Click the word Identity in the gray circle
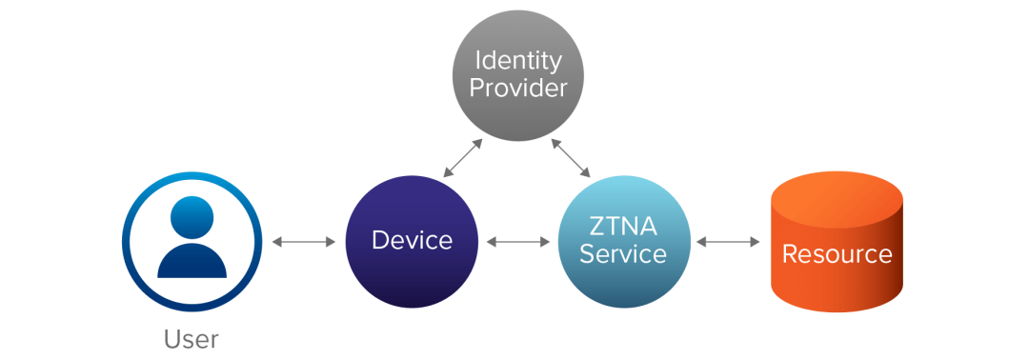(519, 60)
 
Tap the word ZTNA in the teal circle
(622, 228)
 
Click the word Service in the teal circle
(623, 255)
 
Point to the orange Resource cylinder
(837, 286)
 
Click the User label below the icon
(191, 339)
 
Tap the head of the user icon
(192, 219)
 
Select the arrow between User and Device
(304, 242)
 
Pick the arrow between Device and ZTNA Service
(517, 242)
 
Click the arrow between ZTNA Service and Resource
(728, 242)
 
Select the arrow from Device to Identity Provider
(461, 157)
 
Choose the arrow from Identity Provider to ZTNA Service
(573, 157)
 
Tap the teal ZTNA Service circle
(623, 286)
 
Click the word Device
(412, 241)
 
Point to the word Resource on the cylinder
(837, 254)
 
